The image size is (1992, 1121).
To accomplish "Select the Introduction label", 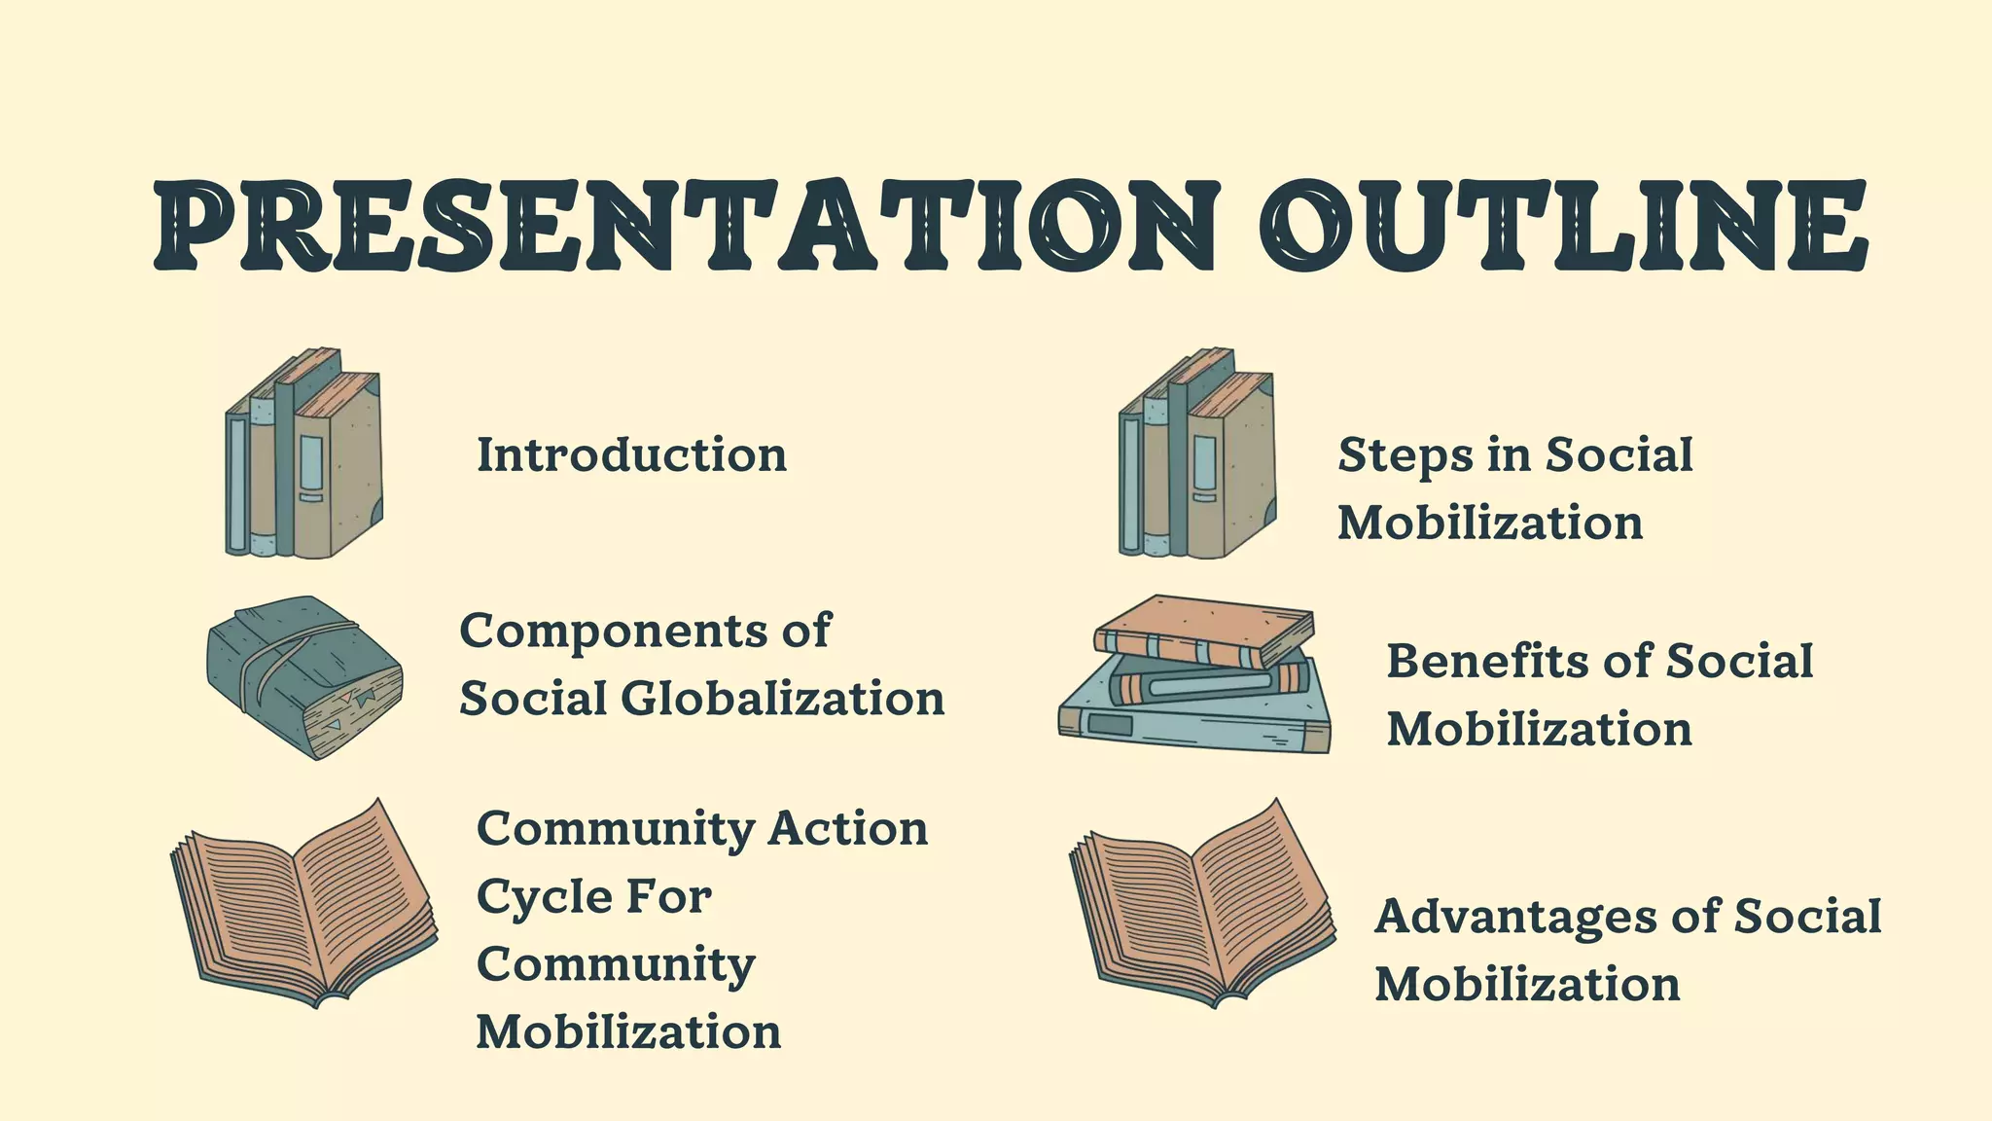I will [x=631, y=455].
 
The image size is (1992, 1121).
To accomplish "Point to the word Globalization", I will [x=782, y=699].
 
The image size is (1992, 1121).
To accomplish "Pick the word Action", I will [x=847, y=829].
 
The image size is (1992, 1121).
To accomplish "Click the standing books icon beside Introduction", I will [x=304, y=454].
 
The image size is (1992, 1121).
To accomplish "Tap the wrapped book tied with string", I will [x=304, y=677].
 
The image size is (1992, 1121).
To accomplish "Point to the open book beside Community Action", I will [x=304, y=904].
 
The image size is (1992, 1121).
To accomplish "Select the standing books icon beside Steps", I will [x=1197, y=454].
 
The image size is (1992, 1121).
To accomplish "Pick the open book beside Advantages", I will [x=1202, y=904].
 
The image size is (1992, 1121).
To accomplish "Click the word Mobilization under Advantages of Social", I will [x=1527, y=985].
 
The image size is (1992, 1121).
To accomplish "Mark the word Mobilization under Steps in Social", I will [x=1490, y=524].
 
